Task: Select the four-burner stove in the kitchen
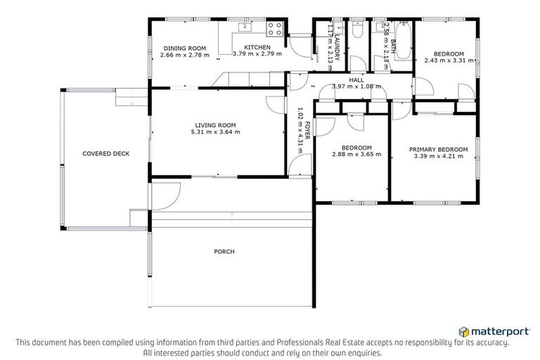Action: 275,30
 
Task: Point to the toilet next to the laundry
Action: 357,31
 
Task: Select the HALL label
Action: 357,79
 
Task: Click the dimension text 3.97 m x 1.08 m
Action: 357,86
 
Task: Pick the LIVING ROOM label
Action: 215,124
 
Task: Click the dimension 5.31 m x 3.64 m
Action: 215,131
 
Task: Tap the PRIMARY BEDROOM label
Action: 439,149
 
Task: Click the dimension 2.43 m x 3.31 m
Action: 448,60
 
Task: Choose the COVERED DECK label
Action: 105,153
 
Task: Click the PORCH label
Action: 224,251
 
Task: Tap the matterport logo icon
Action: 463,330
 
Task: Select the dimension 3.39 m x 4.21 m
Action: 439,156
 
